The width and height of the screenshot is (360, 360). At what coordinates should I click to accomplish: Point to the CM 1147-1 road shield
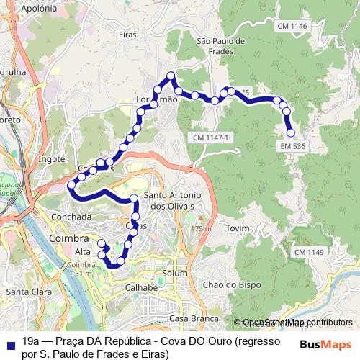click(210, 137)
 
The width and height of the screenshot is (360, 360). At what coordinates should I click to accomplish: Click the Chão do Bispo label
click(226, 284)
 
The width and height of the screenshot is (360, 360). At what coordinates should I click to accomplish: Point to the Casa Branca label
click(188, 318)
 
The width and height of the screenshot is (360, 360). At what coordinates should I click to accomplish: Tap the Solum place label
click(175, 274)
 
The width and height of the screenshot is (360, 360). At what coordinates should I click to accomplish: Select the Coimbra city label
click(68, 238)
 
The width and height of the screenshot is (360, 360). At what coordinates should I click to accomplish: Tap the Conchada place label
click(72, 216)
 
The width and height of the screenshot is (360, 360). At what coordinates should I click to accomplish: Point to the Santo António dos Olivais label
click(171, 201)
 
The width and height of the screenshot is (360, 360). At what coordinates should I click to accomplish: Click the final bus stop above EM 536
click(291, 132)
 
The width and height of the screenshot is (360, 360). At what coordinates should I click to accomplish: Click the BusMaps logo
click(326, 343)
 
